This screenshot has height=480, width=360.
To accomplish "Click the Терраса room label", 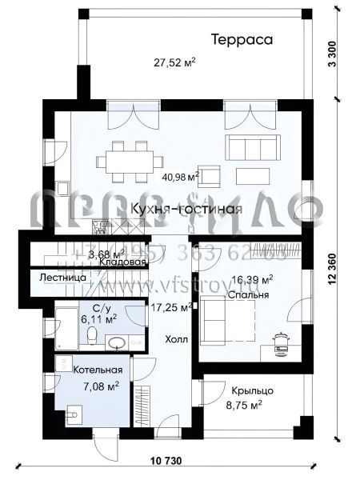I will [242, 38].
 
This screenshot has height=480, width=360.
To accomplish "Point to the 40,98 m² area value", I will [180, 177].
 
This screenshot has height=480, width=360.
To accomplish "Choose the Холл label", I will [177, 338].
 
